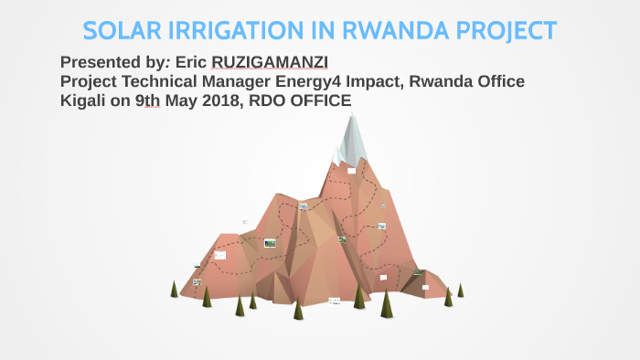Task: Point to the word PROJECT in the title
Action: pyautogui.click(x=508, y=30)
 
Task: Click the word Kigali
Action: pyautogui.click(x=82, y=101)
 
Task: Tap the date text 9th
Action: pyautogui.click(x=146, y=101)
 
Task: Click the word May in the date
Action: pyautogui.click(x=176, y=101)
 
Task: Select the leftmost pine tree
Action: pyautogui.click(x=174, y=290)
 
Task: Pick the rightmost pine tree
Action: pyautogui.click(x=461, y=290)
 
